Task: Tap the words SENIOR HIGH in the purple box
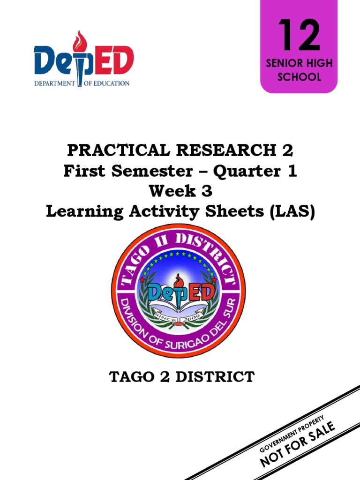(x=299, y=64)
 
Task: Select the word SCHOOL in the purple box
(x=299, y=77)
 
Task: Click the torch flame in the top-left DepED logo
(x=81, y=40)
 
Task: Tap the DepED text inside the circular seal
(x=180, y=292)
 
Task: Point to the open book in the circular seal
(x=180, y=309)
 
